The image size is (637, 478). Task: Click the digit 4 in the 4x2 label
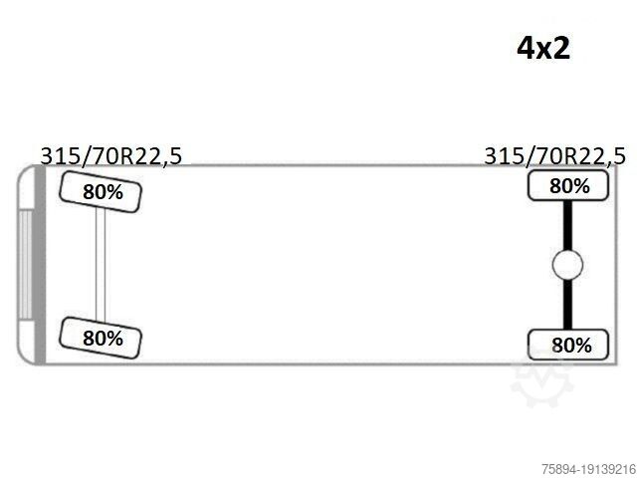pyautogui.click(x=525, y=48)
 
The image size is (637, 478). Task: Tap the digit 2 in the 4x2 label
pyautogui.click(x=561, y=48)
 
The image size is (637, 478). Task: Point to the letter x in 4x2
pyautogui.click(x=543, y=51)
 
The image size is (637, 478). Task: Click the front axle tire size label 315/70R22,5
pyautogui.click(x=111, y=156)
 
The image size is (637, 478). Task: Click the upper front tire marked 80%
pyautogui.click(x=101, y=192)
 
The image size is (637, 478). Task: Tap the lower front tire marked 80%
pyautogui.click(x=101, y=339)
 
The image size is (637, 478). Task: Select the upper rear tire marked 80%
pyautogui.click(x=568, y=186)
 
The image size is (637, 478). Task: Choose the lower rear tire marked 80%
pyautogui.click(x=568, y=345)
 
